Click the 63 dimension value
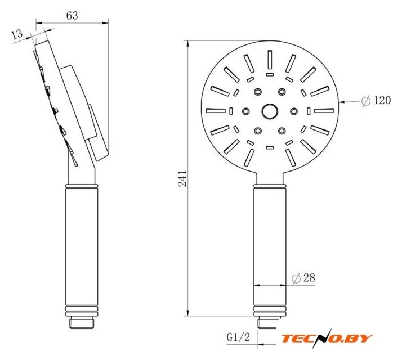coord(72,16)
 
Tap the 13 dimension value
coord(17,34)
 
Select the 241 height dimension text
coord(182,178)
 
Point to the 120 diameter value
coord(382,100)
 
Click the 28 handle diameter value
coord(309,277)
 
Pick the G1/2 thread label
coord(238,337)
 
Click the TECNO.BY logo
coord(327,339)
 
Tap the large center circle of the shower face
coord(270,111)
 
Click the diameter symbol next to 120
coord(366,101)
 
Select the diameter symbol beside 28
coord(296,278)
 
